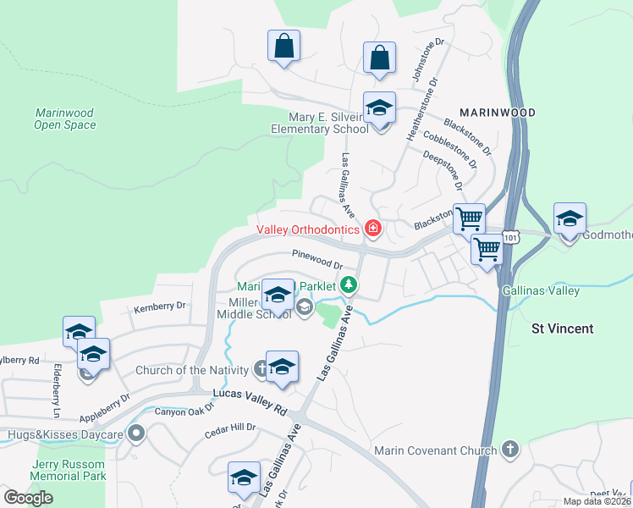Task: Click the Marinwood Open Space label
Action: (x=65, y=119)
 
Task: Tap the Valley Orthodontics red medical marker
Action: (x=372, y=229)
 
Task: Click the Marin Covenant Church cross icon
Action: (x=509, y=450)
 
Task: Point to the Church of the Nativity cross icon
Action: (x=261, y=369)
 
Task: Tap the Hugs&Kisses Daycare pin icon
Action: (x=136, y=433)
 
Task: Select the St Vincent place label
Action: (x=562, y=328)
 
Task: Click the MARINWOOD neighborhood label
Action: (x=498, y=112)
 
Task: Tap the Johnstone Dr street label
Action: (x=427, y=60)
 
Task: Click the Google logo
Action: (x=28, y=497)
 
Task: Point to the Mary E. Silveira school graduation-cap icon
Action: (x=380, y=109)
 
